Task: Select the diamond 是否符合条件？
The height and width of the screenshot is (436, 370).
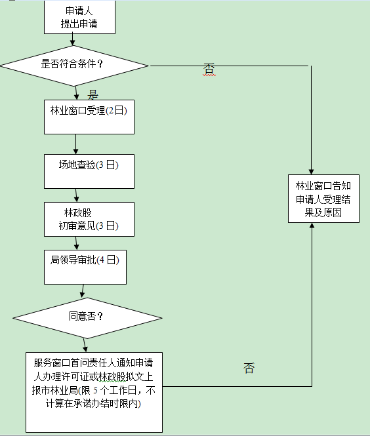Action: tap(75, 64)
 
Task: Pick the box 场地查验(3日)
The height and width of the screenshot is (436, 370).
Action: tap(89, 171)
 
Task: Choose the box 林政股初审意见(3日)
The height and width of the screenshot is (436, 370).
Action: tap(89, 220)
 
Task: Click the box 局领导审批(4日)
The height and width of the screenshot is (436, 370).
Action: tap(85, 266)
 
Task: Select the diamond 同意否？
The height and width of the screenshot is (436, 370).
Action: tap(86, 316)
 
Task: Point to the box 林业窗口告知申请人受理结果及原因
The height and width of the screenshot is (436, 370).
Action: tap(323, 199)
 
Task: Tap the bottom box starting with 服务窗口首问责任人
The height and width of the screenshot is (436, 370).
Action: tap(94, 391)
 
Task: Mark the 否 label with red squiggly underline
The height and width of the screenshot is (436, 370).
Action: tap(209, 69)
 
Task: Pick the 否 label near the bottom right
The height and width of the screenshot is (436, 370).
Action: tap(249, 368)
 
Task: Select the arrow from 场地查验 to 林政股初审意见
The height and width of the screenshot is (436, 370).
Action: tap(77, 195)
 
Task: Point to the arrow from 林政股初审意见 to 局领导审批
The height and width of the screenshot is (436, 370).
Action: tap(77, 244)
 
